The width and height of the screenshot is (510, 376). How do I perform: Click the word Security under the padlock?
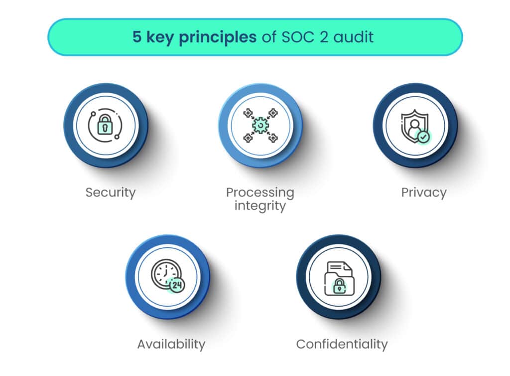coord(110,192)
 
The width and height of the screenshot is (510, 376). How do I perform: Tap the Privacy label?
coord(424,192)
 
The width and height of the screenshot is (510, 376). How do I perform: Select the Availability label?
coord(171,345)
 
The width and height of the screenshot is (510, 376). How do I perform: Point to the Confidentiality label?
coord(342,344)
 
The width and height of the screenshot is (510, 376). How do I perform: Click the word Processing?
coord(260,192)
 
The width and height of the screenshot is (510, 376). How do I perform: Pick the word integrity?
coord(260,206)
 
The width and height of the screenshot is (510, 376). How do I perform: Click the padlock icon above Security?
coord(105,124)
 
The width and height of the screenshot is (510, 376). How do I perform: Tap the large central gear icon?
coord(260,125)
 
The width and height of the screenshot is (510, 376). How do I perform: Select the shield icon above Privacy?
coord(414,126)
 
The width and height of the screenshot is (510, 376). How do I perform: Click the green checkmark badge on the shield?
coord(423,137)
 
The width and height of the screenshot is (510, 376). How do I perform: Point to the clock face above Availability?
coord(165,274)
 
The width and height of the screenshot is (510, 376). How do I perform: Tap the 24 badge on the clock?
coord(177,286)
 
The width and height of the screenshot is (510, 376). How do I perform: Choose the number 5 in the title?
coord(137,37)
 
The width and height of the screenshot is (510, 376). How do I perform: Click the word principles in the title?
coord(218,37)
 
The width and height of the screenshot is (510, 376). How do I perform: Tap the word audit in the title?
coord(354,37)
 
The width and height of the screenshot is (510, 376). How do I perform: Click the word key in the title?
coord(160,37)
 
